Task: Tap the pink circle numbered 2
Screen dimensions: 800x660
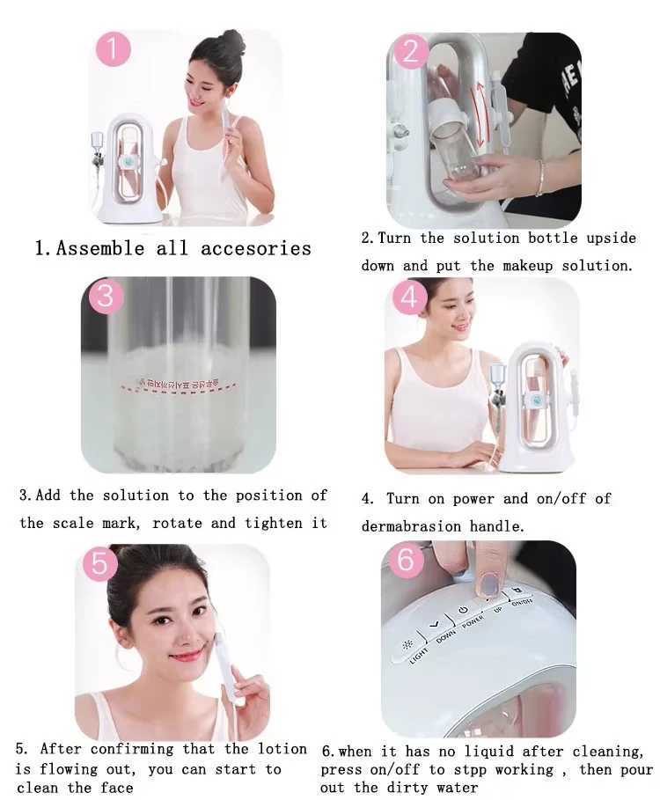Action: coord(412,52)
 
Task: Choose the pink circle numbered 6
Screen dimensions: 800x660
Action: coord(406,561)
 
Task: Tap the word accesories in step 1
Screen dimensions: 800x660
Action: coord(256,248)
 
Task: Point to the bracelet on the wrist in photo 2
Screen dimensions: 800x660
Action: coord(539,178)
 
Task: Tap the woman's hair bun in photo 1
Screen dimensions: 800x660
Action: coord(232,41)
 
